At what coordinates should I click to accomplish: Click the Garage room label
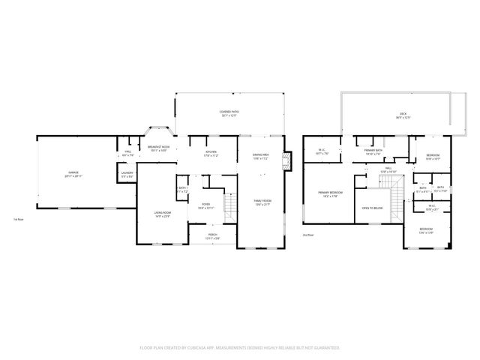[x=73, y=174]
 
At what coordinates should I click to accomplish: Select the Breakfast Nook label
[x=158, y=148]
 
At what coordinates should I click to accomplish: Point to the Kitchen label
[x=211, y=154]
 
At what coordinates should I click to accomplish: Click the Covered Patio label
[x=229, y=115]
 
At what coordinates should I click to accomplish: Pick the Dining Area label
[x=261, y=157]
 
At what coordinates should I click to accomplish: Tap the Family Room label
[x=262, y=202]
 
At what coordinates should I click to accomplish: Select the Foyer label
[x=206, y=205]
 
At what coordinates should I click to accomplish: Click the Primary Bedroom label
[x=330, y=195]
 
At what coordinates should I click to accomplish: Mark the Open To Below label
[x=373, y=208]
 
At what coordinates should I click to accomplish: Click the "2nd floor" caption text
[x=307, y=235]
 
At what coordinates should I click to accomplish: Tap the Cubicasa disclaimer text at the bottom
[x=240, y=348]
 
